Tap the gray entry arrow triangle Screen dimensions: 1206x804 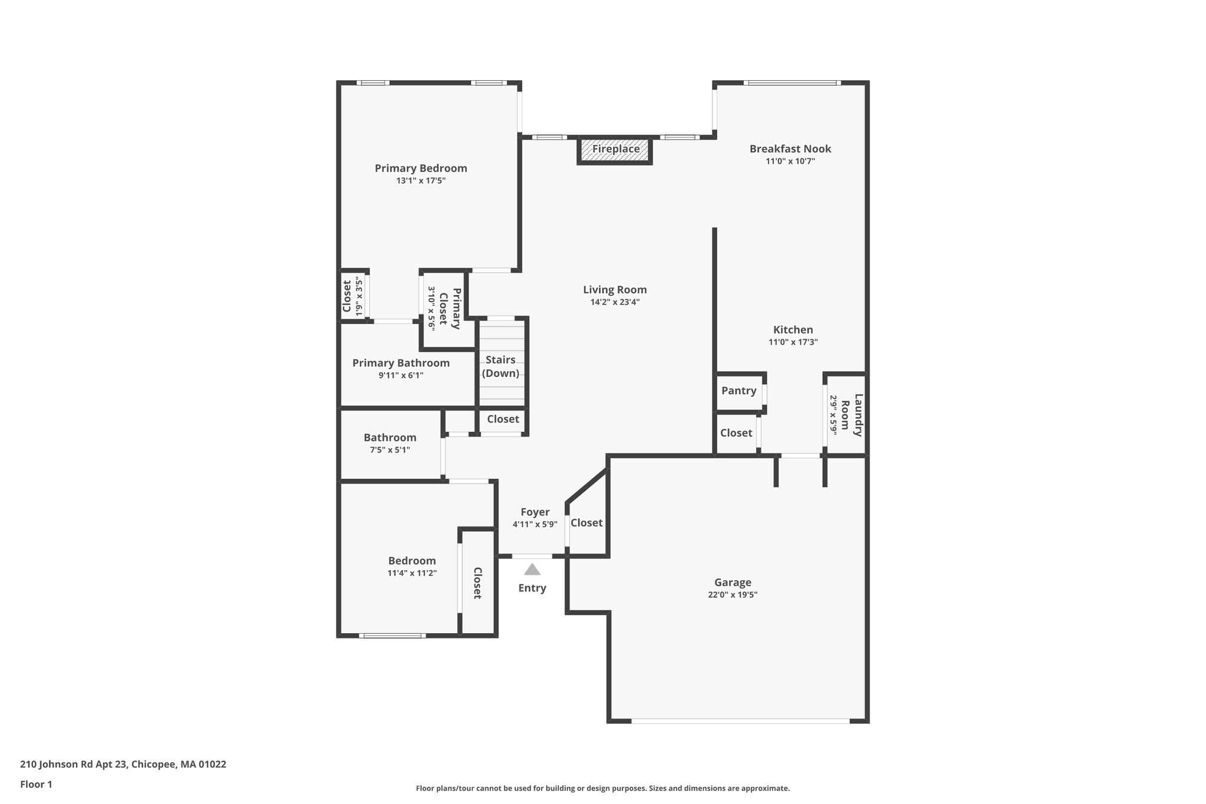tap(532, 570)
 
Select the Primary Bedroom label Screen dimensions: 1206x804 tap(421, 168)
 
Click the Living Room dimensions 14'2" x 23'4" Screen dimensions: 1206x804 tap(615, 302)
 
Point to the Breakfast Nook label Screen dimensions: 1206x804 tap(790, 149)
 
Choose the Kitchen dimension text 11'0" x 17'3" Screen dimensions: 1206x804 tap(793, 342)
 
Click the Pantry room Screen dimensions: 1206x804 tap(740, 391)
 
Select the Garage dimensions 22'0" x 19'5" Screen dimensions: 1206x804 tap(733, 595)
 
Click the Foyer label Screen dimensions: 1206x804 tap(535, 512)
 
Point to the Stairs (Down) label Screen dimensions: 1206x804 tap(501, 366)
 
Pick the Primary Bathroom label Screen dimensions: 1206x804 tap(401, 363)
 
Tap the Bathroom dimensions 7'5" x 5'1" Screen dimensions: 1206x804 tap(390, 450)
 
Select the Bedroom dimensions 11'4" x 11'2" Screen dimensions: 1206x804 tap(412, 573)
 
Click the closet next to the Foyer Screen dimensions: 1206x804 tap(587, 522)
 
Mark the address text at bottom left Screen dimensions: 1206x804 tap(123, 765)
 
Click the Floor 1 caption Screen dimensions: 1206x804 tap(36, 785)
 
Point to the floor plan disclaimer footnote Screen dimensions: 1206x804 tap(603, 788)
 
